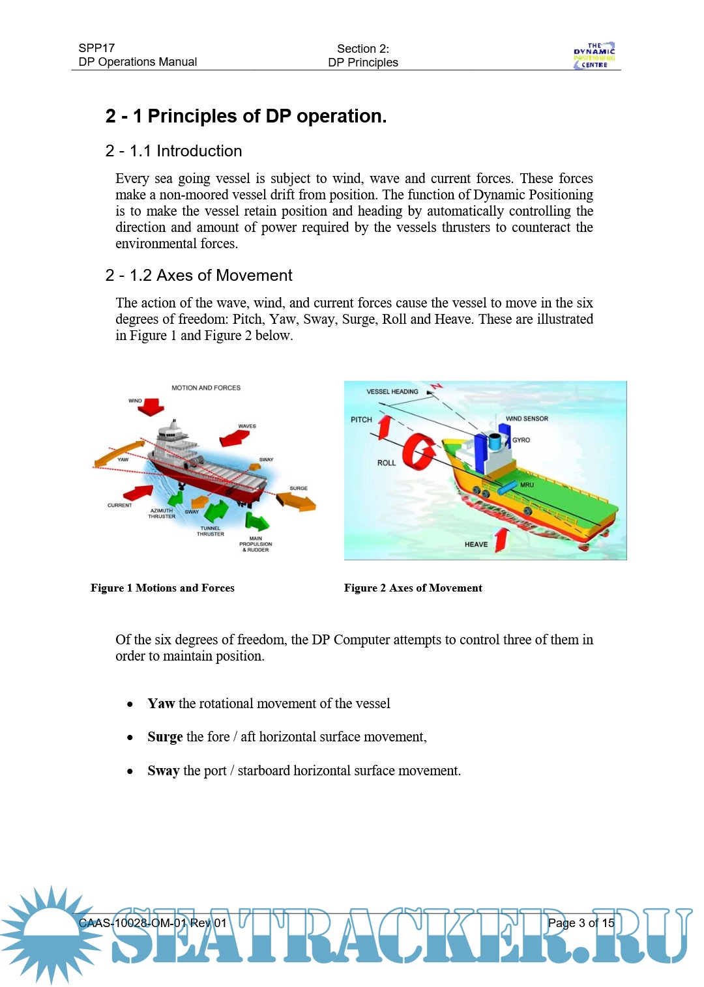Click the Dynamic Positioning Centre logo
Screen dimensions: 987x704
pyautogui.click(x=594, y=55)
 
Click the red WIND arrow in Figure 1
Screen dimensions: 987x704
pyautogui.click(x=152, y=408)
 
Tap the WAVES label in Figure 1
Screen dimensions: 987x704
pyautogui.click(x=247, y=426)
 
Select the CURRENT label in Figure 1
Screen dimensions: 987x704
pyautogui.click(x=120, y=505)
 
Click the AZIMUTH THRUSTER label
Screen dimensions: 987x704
pyautogui.click(x=162, y=513)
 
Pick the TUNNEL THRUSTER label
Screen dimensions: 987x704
pyautogui.click(x=211, y=531)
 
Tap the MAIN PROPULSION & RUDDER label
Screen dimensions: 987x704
pyautogui.click(x=256, y=544)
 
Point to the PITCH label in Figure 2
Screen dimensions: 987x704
pyautogui.click(x=361, y=420)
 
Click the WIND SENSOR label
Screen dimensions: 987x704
pyautogui.click(x=527, y=418)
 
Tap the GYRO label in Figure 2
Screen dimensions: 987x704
pyautogui.click(x=521, y=440)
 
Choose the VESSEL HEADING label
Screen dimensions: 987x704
pyautogui.click(x=392, y=392)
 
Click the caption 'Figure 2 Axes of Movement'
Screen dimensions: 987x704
pyautogui.click(x=413, y=588)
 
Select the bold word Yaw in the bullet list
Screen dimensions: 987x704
pyautogui.click(x=161, y=704)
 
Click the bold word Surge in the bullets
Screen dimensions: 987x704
pyautogui.click(x=165, y=737)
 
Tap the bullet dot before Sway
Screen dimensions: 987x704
pyautogui.click(x=130, y=771)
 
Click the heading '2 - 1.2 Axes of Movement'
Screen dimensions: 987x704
pyautogui.click(x=199, y=276)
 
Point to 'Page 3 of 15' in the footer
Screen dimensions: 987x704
pyautogui.click(x=581, y=923)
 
